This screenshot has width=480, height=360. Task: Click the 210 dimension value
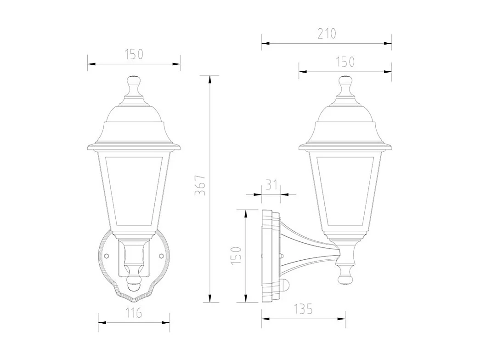[x=327, y=34]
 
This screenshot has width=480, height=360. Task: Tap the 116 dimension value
[x=134, y=314]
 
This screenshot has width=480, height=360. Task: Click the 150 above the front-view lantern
[x=134, y=54]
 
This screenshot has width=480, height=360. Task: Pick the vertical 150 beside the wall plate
[x=236, y=255]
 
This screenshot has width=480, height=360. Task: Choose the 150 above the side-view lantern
[x=345, y=61]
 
